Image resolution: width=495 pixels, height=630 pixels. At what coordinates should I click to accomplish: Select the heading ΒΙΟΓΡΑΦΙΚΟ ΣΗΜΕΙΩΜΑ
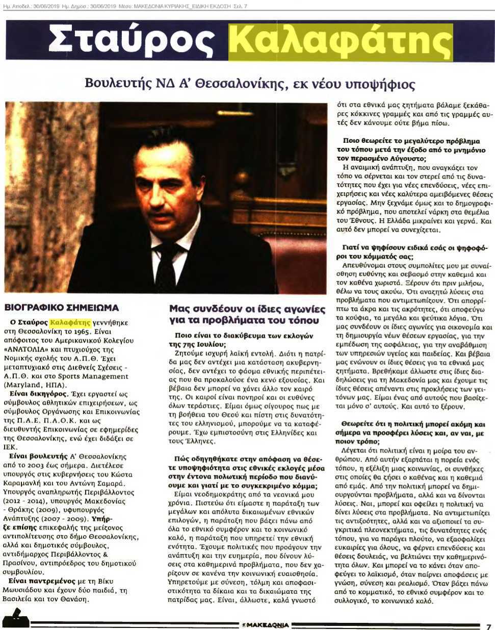point(61,308)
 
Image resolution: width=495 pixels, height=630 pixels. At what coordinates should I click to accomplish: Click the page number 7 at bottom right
point(488,625)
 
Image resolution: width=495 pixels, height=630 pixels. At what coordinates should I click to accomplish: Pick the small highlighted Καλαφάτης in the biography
point(70,322)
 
